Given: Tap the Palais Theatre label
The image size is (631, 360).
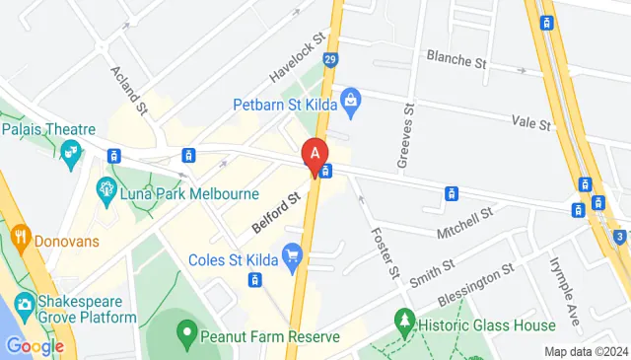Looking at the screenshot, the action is click(48, 129).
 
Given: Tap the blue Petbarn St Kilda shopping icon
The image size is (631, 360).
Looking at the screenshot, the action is click(349, 100).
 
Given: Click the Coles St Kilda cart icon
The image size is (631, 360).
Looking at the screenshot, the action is click(293, 258).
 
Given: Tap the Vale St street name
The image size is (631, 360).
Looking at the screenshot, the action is click(530, 122).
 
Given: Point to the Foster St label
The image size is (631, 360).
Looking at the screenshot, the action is click(383, 253).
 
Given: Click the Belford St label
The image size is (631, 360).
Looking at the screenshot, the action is click(276, 212).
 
